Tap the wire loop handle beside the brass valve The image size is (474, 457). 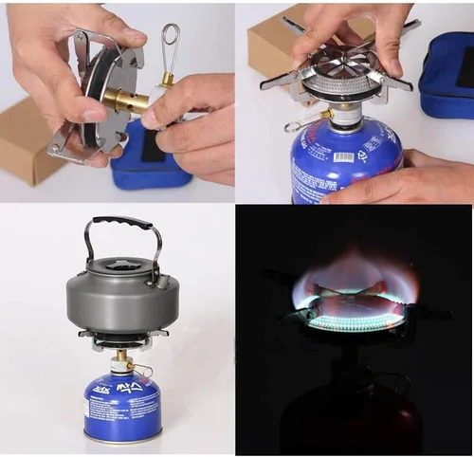170,44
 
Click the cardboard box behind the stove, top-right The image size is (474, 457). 275,47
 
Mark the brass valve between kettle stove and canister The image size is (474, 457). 122,361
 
